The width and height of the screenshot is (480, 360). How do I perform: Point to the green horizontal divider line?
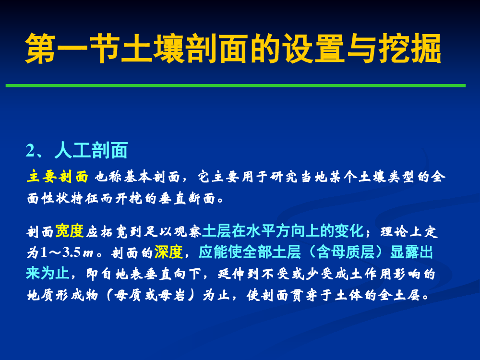click(235, 86)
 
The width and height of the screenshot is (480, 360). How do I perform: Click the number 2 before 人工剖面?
click(31, 151)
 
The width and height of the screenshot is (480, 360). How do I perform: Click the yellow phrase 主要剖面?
click(58, 177)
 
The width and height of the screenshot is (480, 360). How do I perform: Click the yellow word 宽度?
click(70, 231)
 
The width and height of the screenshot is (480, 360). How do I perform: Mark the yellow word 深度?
click(168, 252)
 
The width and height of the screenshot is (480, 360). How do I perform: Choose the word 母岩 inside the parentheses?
click(172, 295)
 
